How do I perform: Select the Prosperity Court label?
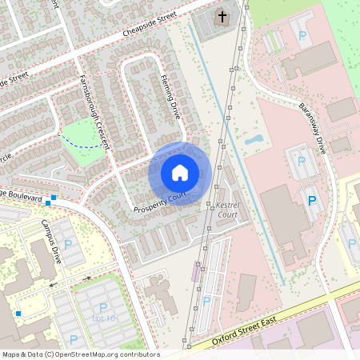pyautogui.click(x=159, y=202)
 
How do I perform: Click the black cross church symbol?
pyautogui.click(x=222, y=16)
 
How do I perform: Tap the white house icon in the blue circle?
pyautogui.click(x=180, y=172)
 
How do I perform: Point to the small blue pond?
pyautogui.click(x=254, y=139)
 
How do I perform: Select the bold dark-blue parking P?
pyautogui.click(x=312, y=200)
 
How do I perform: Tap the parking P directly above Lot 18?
pyautogui.click(x=103, y=307)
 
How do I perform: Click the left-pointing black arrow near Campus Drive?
pyautogui.click(x=54, y=283)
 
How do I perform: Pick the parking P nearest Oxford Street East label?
pyautogui.click(x=206, y=301)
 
